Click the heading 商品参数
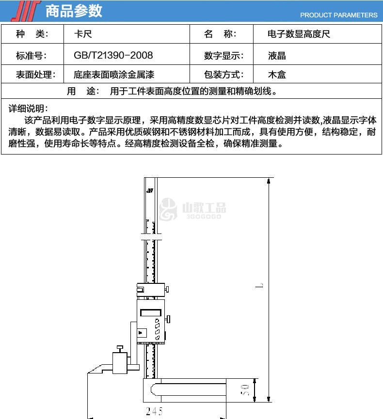74,11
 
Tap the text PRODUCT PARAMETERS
338,15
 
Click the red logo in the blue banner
26,11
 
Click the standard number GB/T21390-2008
113,55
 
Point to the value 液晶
277,56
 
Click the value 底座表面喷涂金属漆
114,74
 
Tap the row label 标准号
32,56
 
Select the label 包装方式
224,74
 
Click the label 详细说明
28,109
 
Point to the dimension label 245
154,411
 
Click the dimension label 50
245,390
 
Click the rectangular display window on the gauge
151,312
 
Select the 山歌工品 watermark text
204,208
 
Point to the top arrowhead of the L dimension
269,181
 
